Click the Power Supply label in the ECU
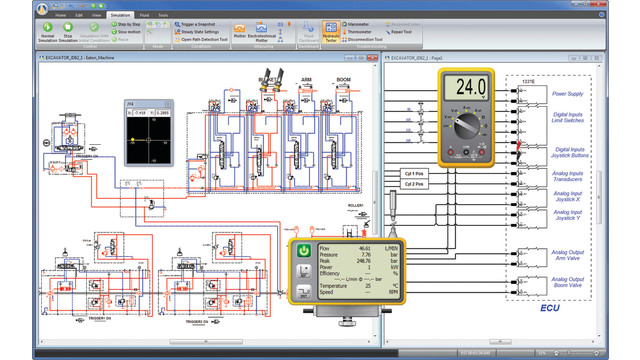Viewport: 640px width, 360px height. (x=568, y=94)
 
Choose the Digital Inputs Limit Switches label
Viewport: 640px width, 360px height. (x=567, y=121)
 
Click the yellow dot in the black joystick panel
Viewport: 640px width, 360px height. (x=146, y=139)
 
